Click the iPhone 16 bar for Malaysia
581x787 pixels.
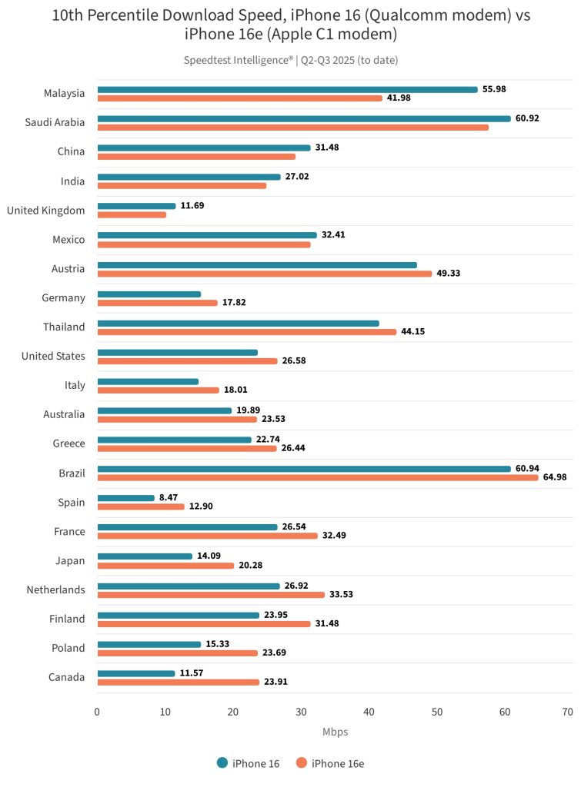pos(287,89)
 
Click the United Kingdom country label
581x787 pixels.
pos(46,209)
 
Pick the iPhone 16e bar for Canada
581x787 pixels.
pos(178,682)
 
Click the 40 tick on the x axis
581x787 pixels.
pos(369,712)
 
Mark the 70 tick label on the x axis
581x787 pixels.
pos(568,712)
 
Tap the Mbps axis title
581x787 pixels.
pos(335,732)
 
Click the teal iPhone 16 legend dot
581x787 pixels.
pos(222,763)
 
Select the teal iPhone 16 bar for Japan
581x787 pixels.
pos(145,556)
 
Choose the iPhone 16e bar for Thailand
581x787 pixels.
pos(246,332)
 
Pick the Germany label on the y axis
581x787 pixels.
pos(65,297)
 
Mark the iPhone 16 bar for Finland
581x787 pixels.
pos(178,615)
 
